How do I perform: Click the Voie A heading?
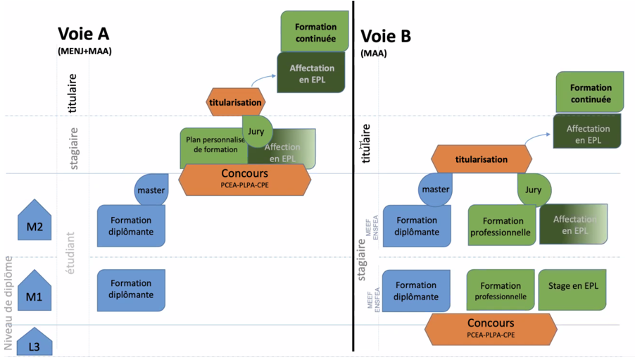tap(83, 34)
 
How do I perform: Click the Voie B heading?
tap(385, 36)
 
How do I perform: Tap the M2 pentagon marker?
tap(34, 221)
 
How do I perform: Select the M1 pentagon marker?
tap(34, 292)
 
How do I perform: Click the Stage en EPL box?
tap(572, 290)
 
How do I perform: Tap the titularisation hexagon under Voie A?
tap(235, 102)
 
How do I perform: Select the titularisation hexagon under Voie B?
tap(480, 159)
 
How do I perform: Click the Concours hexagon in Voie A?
tap(244, 180)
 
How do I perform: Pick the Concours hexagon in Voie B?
tap(491, 328)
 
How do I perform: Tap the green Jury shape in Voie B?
tap(534, 189)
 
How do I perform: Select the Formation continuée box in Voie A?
tap(315, 32)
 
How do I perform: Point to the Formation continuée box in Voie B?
tap(590, 93)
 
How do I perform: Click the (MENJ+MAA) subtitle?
tap(84, 51)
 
